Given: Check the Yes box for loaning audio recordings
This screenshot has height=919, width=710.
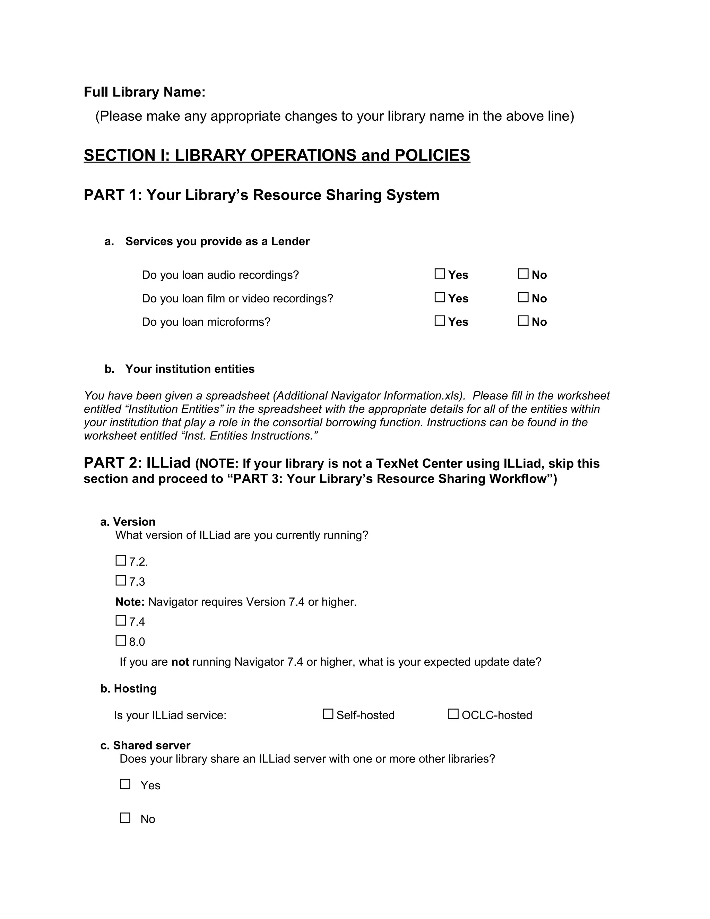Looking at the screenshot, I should [x=440, y=274].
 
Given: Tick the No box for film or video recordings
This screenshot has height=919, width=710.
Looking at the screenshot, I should [x=523, y=298].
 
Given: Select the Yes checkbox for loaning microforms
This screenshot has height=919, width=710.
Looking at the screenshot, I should [x=440, y=321].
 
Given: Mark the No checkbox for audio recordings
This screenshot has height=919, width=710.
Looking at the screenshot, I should [x=523, y=274].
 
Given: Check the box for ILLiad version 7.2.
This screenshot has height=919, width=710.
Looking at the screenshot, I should [x=121, y=560].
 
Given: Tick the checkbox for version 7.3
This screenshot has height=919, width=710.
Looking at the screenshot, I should [x=121, y=581].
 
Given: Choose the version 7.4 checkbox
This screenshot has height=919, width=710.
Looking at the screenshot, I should [x=121, y=621].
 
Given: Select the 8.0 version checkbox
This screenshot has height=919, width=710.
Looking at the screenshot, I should [x=121, y=641].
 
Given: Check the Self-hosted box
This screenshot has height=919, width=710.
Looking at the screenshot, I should [x=328, y=714].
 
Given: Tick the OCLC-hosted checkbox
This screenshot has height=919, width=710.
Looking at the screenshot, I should [x=453, y=714].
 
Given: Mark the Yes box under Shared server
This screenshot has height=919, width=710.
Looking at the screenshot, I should [x=125, y=784].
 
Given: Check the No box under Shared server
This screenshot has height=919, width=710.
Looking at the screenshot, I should [x=125, y=818].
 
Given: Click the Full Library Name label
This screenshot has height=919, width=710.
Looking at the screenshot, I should [x=144, y=92].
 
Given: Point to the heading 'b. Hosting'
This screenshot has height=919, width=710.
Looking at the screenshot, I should [x=128, y=688].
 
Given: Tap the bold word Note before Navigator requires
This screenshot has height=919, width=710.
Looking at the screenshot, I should [x=130, y=602].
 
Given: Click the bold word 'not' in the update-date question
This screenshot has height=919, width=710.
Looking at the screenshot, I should [x=180, y=662].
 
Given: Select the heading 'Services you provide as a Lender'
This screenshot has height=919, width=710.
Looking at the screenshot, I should [x=217, y=241].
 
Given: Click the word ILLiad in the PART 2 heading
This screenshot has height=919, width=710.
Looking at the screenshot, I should [x=168, y=463].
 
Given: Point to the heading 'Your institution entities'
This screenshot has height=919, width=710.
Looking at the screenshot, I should [x=190, y=369].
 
